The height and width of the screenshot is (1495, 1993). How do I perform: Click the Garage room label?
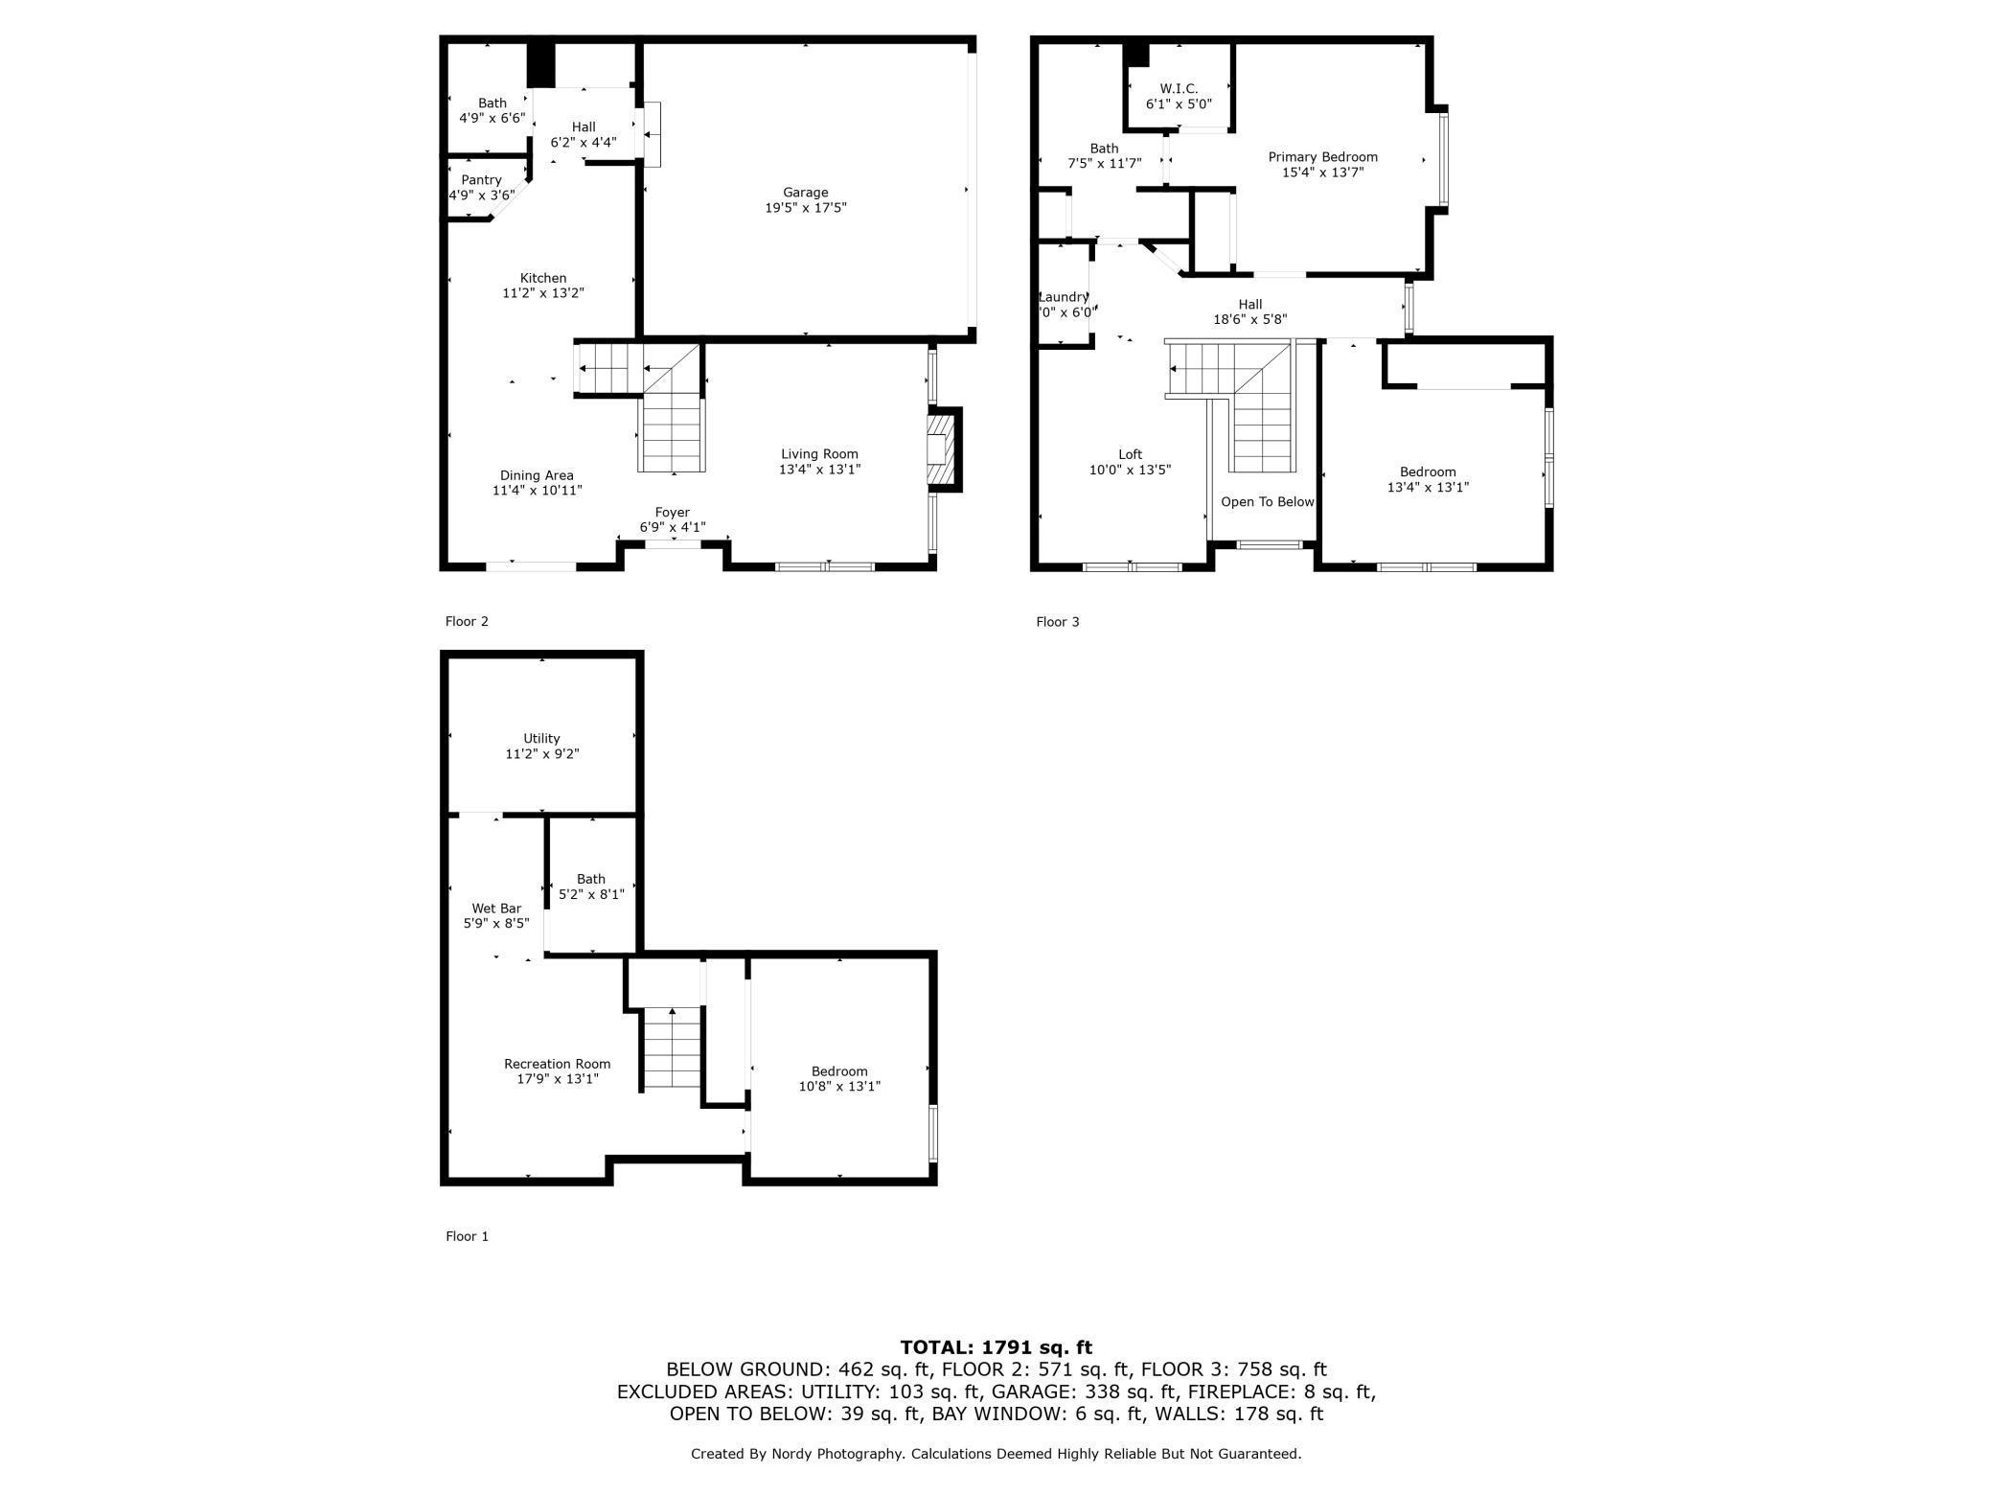[805, 193]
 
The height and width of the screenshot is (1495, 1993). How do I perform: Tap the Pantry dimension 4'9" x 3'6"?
[482, 195]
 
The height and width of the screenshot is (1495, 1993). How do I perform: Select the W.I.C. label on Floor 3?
[1179, 88]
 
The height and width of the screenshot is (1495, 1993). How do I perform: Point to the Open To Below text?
[1267, 502]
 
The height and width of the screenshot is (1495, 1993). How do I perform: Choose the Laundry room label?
[1063, 297]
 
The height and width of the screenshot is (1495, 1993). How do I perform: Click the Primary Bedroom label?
[1322, 157]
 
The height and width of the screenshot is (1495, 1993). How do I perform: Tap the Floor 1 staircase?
[672, 1048]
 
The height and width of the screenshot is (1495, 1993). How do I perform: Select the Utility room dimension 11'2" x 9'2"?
[542, 754]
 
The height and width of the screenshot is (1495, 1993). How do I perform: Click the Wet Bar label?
[496, 908]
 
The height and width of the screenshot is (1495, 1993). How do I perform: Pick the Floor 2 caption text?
[467, 621]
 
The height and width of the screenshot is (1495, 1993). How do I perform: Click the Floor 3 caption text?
[1057, 622]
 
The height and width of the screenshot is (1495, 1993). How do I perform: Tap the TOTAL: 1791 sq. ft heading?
[996, 1347]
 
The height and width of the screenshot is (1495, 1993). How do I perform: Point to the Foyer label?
[672, 513]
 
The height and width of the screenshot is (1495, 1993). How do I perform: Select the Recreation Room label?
[557, 1064]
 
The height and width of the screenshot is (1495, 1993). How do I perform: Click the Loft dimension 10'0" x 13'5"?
[1130, 470]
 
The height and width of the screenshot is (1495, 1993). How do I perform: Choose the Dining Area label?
[537, 475]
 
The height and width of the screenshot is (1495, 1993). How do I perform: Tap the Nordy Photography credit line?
[996, 1454]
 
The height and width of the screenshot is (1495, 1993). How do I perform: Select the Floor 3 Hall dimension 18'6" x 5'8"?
[1249, 320]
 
